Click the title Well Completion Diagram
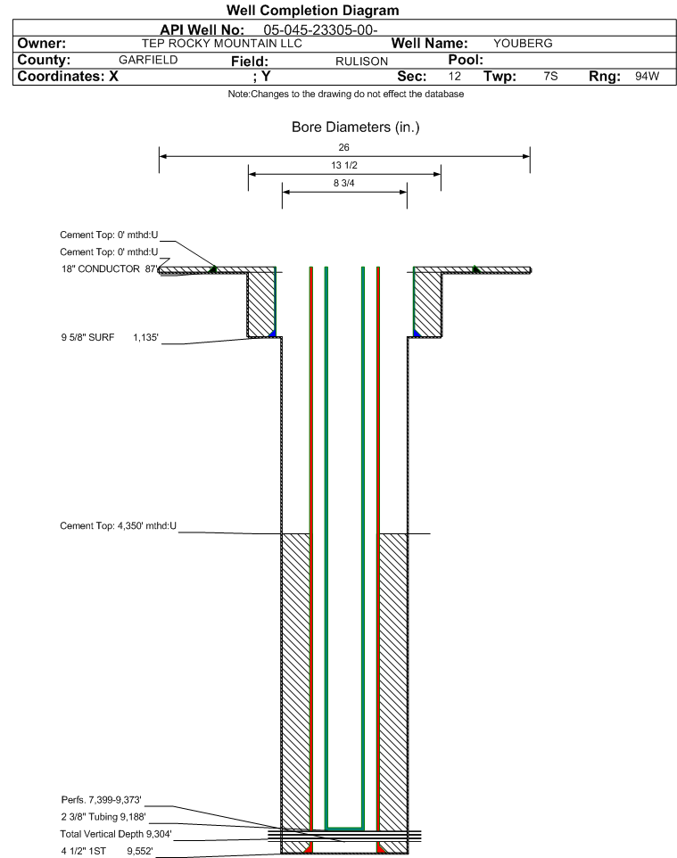[312, 11]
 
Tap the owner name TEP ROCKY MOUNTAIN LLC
[222, 43]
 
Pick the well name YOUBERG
[523, 43]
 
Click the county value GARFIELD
[148, 60]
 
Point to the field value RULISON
[361, 61]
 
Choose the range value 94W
[647, 77]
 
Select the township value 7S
[550, 77]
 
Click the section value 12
[455, 77]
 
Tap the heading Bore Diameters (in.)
[355, 127]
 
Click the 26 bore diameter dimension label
[344, 147]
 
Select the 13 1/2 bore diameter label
[344, 166]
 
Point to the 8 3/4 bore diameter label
[344, 184]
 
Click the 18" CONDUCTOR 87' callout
[108, 268]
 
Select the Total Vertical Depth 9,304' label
[115, 834]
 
